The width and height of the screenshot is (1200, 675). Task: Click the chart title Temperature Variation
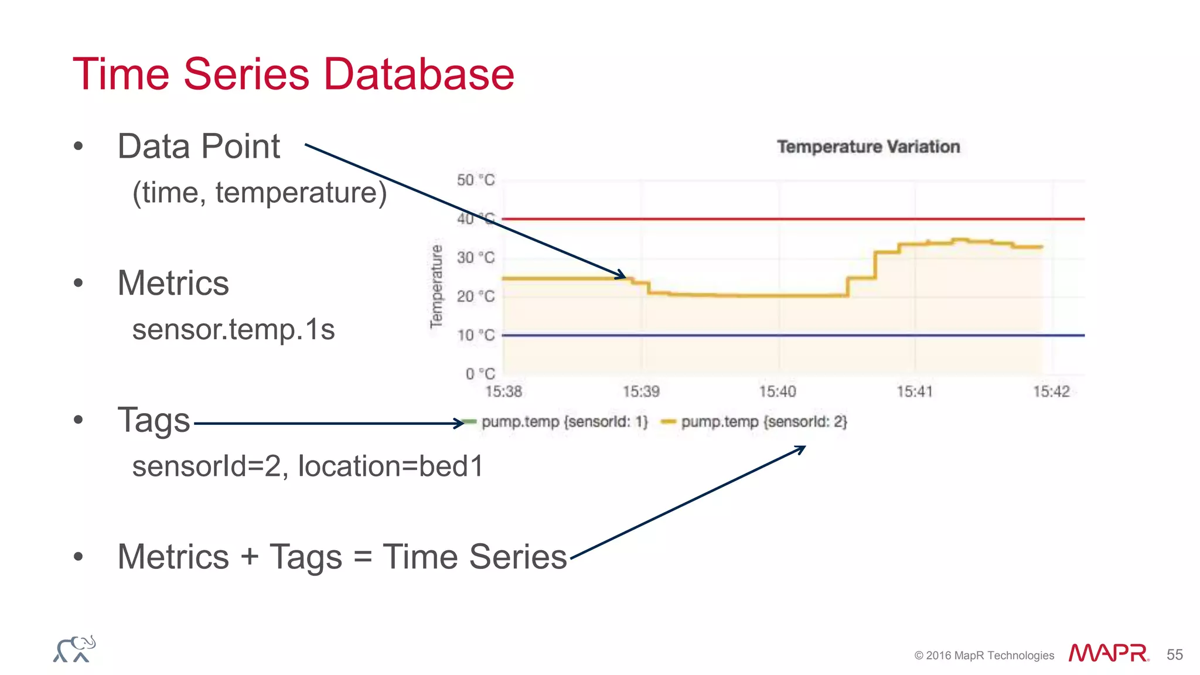(x=868, y=146)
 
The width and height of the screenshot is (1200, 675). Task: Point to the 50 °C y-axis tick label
(x=475, y=180)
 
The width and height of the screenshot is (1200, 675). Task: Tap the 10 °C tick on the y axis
(x=475, y=335)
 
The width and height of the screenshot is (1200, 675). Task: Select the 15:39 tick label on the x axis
(x=640, y=391)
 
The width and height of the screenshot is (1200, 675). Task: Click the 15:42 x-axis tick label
(x=1051, y=391)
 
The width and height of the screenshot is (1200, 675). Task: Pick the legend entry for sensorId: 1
(x=564, y=422)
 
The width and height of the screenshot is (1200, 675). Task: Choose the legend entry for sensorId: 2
(x=763, y=422)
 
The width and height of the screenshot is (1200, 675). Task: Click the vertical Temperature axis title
(x=436, y=287)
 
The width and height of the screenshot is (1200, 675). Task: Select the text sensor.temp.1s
(x=233, y=329)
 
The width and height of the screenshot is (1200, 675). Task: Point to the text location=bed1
(x=391, y=466)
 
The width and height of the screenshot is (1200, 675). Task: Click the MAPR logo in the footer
(x=1107, y=653)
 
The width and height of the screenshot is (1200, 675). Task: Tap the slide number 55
(x=1174, y=654)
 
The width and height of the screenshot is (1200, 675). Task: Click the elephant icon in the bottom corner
(x=74, y=649)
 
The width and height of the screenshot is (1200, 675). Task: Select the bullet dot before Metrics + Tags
(x=79, y=557)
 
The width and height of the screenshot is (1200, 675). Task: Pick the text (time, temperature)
(x=260, y=193)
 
